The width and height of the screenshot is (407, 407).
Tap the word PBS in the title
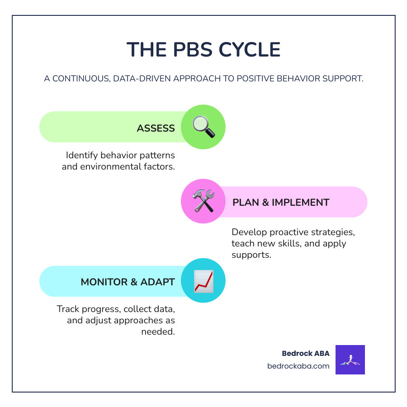click(x=184, y=49)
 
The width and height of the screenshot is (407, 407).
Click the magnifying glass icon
click(x=203, y=127)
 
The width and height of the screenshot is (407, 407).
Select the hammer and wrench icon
click(x=203, y=201)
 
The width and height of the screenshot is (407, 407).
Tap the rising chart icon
click(x=203, y=281)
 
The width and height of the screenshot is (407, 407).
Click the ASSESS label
click(x=156, y=128)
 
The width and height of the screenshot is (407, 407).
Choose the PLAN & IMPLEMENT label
click(x=281, y=202)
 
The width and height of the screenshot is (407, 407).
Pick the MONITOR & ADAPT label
click(x=128, y=282)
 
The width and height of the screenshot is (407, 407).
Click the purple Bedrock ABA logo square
click(x=350, y=360)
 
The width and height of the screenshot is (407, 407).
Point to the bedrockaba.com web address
click(x=298, y=366)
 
